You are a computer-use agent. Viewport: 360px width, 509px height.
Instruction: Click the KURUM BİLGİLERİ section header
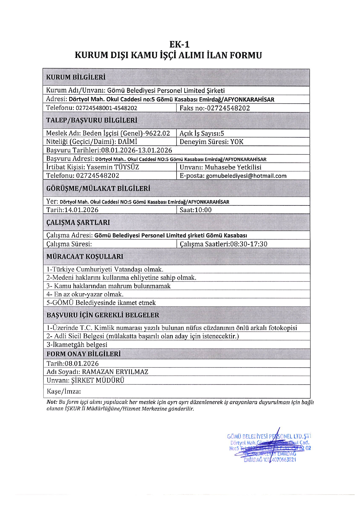76,77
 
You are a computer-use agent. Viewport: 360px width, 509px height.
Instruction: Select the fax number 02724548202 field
228,108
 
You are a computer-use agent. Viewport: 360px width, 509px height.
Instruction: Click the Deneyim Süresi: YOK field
211,142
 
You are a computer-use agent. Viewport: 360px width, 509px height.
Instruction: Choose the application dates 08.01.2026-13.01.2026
137,150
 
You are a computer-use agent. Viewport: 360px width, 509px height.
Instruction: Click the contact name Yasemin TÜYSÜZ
113,167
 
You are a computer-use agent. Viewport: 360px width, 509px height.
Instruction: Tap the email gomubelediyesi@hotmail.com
246,176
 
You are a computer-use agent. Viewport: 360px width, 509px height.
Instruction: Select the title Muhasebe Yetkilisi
233,167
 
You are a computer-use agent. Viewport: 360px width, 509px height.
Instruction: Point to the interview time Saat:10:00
196,210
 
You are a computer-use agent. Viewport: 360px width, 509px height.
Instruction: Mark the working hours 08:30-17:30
249,244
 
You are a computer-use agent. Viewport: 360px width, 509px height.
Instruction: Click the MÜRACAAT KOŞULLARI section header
85,257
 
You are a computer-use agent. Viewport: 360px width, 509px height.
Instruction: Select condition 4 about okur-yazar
85,294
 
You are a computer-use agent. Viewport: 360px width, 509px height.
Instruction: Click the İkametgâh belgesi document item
77,345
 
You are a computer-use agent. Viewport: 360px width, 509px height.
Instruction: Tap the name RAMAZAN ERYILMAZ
115,372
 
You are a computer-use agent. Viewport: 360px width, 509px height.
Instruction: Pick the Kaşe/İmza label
64,391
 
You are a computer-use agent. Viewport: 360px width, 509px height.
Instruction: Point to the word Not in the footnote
51,402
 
